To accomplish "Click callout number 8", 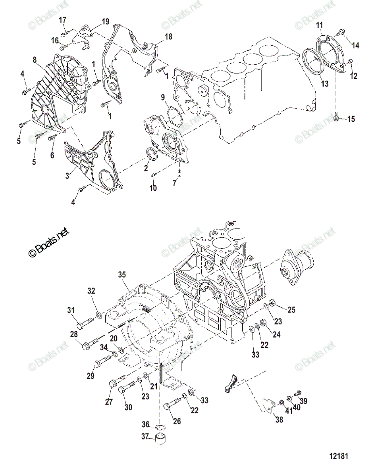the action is (35, 60).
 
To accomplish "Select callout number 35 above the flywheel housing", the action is (121, 274).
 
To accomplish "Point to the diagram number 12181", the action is (337, 457).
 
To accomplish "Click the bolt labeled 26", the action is (172, 407).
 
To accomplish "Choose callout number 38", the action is (279, 419).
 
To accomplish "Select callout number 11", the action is (319, 26).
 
